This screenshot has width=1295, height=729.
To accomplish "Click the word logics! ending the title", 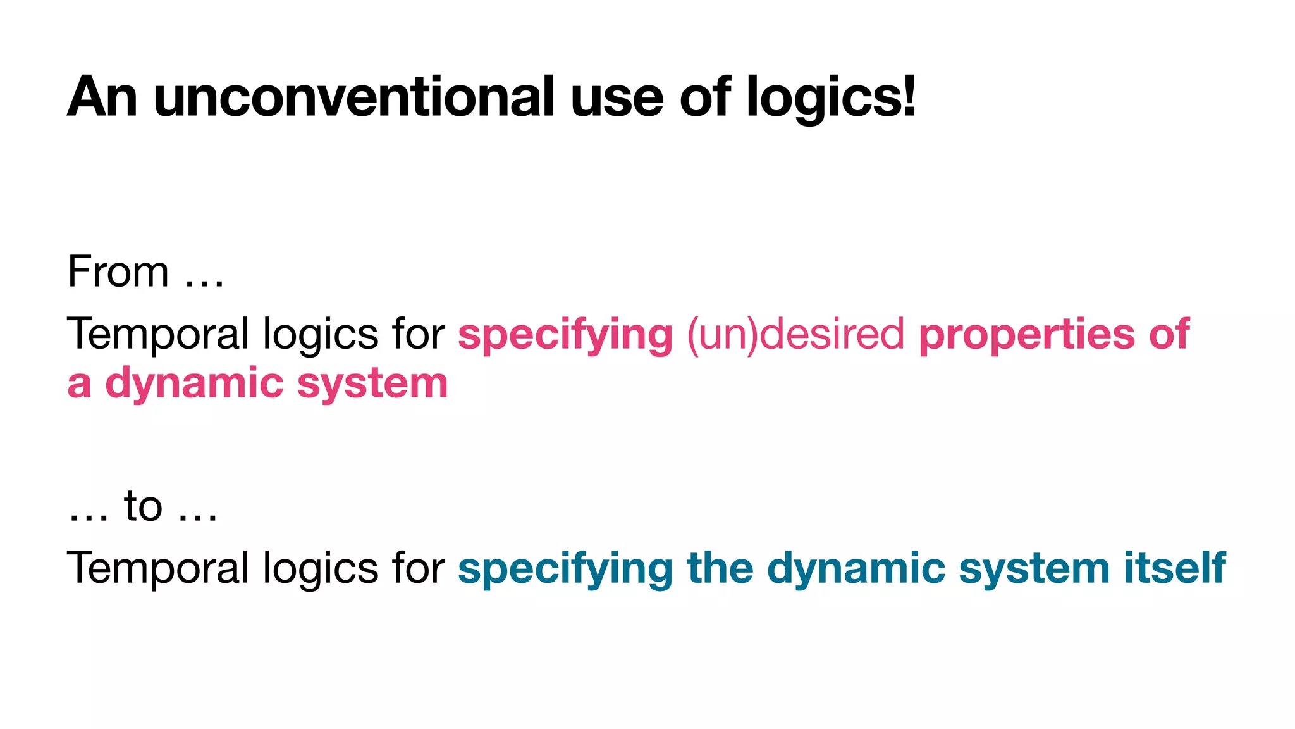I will tap(830, 98).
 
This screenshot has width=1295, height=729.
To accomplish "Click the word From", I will tap(118, 272).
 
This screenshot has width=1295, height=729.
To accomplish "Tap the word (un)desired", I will tap(795, 334).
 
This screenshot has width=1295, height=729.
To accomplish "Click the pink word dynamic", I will tap(194, 384).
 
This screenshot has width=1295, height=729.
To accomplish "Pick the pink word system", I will tap(372, 384).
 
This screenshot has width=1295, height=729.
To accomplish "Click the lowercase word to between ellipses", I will tap(144, 506).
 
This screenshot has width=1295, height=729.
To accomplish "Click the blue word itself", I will tap(1175, 568).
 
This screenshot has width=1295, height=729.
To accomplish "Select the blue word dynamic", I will tap(856, 568).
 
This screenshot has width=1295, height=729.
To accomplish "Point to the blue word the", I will tap(720, 568).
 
